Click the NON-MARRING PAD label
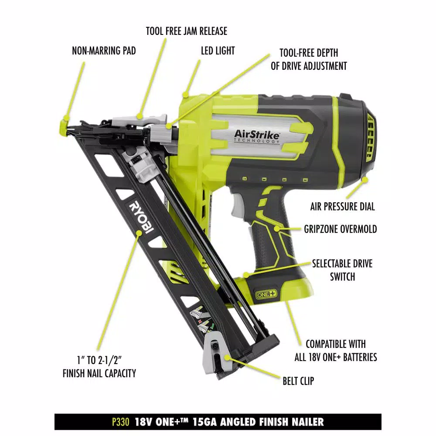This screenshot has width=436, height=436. (104, 51)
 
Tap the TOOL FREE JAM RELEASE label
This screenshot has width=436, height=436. (186, 31)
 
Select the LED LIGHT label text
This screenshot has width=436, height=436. (218, 51)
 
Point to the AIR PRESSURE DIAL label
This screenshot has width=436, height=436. (342, 207)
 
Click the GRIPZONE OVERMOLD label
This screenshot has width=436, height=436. (341, 229)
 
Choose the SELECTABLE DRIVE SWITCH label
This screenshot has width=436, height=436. (342, 270)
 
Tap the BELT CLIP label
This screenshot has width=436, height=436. (298, 381)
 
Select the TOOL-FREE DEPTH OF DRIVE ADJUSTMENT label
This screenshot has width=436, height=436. (309, 60)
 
